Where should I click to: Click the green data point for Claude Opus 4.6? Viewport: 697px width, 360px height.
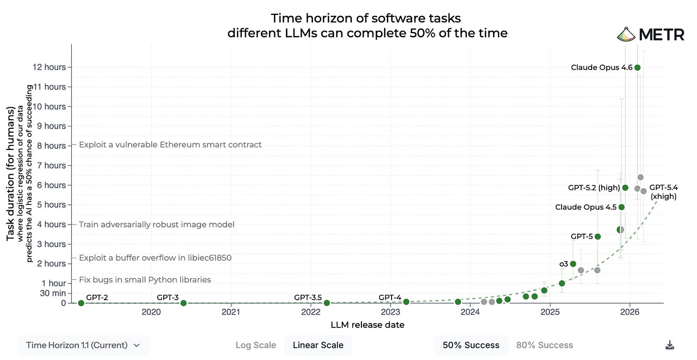pos(637,67)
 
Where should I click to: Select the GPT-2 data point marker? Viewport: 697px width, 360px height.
pos(81,303)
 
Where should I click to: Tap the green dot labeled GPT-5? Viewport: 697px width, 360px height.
pos(597,236)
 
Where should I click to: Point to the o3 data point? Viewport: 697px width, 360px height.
pos(573,264)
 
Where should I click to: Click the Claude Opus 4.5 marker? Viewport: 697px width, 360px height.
pos(621,207)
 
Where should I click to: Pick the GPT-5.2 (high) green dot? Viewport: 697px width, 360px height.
pos(625,188)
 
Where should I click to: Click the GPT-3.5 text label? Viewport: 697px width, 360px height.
pos(308,297)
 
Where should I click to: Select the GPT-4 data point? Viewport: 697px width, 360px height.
pos(406,302)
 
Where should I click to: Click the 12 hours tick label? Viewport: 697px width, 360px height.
pos(49,67)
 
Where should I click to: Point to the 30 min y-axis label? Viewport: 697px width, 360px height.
pos(53,293)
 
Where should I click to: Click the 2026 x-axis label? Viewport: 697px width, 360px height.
pos(630,312)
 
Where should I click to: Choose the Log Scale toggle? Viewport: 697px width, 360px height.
pos(256,345)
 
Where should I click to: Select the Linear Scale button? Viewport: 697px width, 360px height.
pos(318,345)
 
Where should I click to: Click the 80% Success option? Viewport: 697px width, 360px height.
pos(545,345)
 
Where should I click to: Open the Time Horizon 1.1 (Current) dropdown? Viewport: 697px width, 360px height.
pos(83,345)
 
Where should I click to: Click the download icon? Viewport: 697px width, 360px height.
pos(670,345)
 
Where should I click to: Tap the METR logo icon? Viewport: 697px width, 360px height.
pos(626,34)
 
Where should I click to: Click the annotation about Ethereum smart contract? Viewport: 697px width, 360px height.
pos(170,145)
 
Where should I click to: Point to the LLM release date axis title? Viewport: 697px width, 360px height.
pos(368,325)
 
